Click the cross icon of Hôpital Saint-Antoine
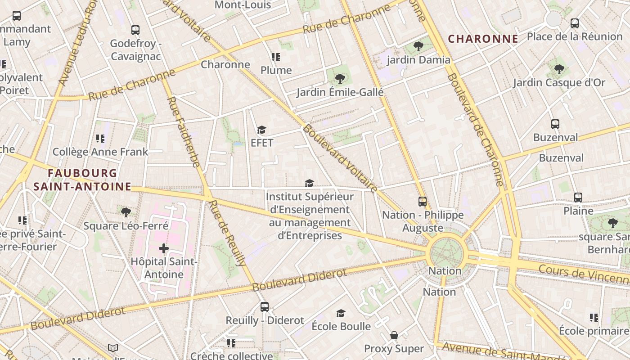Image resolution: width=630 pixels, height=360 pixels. click(x=163, y=248)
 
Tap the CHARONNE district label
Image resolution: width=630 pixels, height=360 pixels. click(x=483, y=39)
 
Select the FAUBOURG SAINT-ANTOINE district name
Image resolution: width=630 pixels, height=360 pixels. click(x=82, y=180)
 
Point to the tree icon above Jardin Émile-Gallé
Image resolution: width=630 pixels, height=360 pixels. click(x=340, y=79)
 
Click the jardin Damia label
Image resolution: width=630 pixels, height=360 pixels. click(x=418, y=60)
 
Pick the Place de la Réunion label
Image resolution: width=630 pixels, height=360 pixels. click(x=574, y=36)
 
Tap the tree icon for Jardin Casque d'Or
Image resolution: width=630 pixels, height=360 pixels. click(x=559, y=69)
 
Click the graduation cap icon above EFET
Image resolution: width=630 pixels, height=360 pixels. click(x=261, y=130)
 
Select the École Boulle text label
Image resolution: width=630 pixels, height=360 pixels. click(x=341, y=326)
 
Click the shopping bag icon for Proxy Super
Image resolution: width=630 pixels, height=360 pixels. click(x=394, y=336)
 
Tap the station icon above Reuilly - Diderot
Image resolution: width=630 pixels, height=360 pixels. click(x=265, y=307)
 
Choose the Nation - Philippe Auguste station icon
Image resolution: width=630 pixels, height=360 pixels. click(x=422, y=202)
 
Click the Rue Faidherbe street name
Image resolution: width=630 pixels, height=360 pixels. click(x=183, y=132)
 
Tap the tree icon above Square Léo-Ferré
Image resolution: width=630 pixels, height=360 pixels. click(x=126, y=212)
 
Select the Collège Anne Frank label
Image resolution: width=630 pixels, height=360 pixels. click(x=100, y=152)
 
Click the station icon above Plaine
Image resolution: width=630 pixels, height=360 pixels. click(x=578, y=198)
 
